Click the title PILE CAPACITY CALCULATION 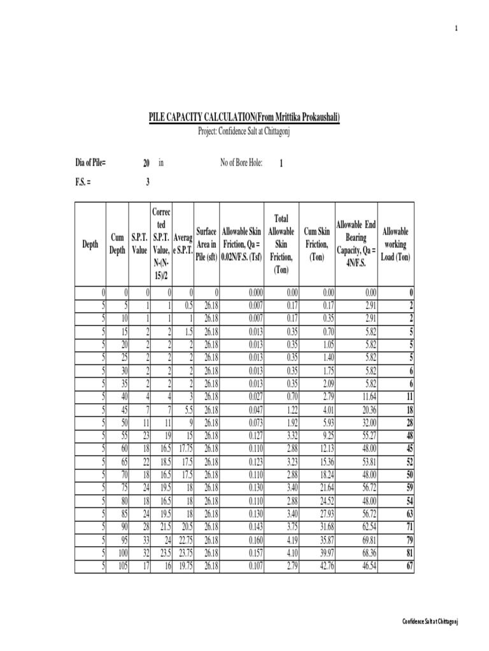[x=244, y=117]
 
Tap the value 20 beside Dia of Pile [x=146, y=163]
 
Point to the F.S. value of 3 [x=147, y=182]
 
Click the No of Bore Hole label [x=241, y=163]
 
